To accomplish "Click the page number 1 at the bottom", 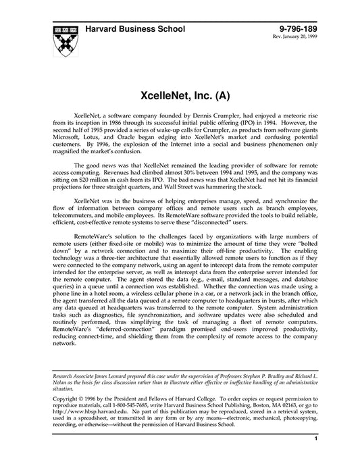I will (315, 440).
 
